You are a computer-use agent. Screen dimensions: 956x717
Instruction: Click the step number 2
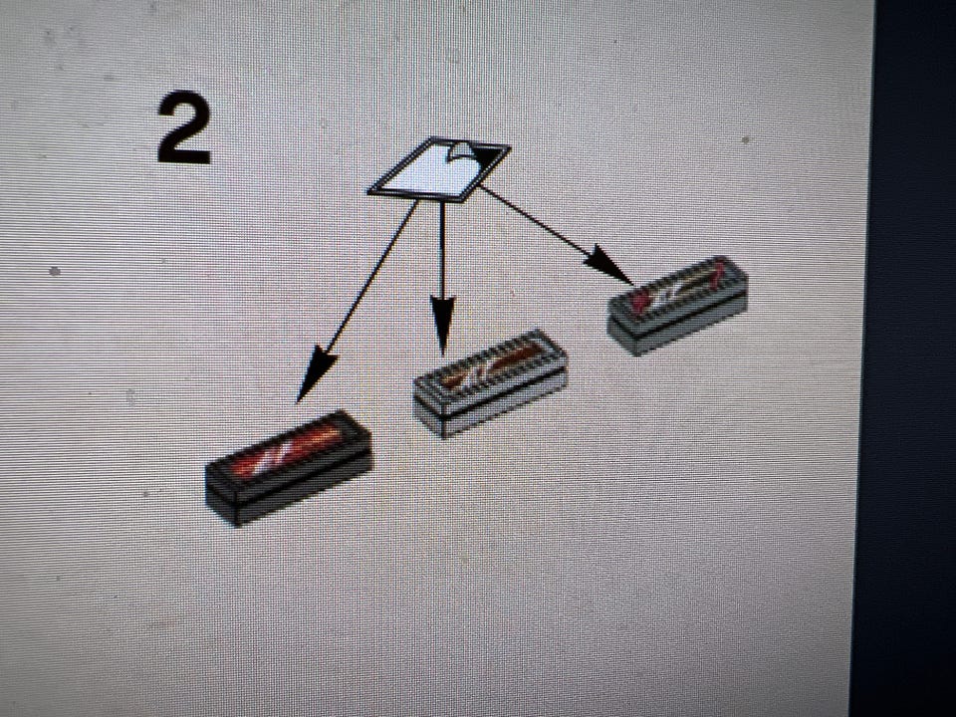(183, 127)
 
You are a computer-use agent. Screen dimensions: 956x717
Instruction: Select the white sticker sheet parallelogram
(438, 169)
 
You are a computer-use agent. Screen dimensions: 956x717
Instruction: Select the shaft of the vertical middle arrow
(442, 249)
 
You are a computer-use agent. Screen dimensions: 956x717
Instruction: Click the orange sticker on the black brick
(287, 452)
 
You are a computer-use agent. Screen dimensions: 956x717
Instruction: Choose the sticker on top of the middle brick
(492, 365)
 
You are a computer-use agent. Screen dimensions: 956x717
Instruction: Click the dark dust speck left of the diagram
(55, 271)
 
